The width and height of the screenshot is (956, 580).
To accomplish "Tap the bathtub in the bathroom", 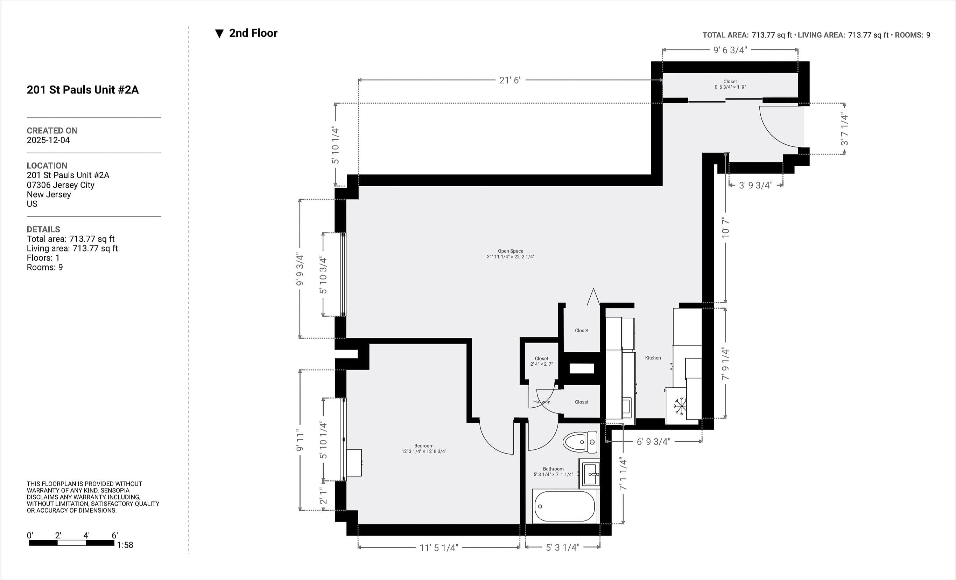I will point(564,506).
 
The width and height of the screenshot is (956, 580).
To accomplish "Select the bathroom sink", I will point(590,474).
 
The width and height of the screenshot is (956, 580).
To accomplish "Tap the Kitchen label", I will point(653,358).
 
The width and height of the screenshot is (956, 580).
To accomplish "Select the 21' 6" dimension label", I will point(510,80).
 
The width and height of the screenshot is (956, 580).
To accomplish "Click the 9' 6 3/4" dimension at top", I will point(730,50).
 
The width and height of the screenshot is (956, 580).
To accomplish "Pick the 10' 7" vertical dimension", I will point(725,228).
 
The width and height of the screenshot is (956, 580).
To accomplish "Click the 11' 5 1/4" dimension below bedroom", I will point(438,548).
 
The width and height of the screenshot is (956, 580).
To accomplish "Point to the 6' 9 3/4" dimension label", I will point(653,442).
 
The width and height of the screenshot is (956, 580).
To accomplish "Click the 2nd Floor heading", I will point(253,33).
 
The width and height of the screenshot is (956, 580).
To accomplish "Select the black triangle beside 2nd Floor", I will point(219,34).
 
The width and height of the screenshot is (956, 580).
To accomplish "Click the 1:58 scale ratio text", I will point(125,545).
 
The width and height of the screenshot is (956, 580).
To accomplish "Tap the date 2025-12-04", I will point(48,140).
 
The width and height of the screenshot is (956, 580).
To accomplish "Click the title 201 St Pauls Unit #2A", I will point(82,90).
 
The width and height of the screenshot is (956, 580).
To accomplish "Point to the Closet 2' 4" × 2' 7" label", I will point(541,361).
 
